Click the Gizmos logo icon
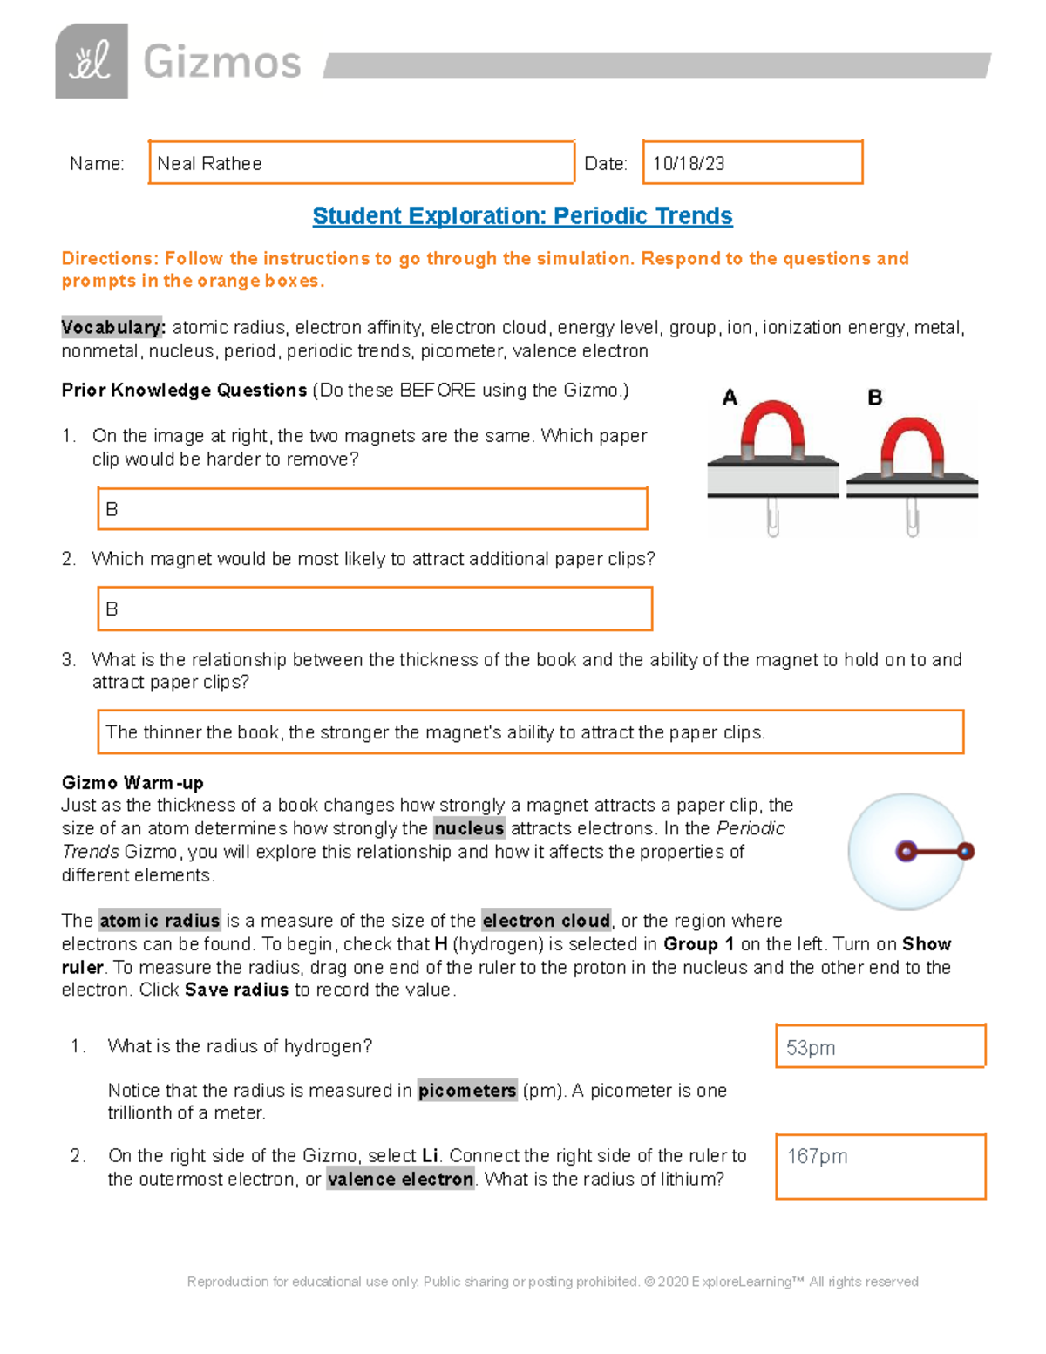coord(92,62)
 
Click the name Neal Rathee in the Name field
coord(209,164)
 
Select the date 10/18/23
coord(689,164)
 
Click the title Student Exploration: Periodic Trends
coord(522,216)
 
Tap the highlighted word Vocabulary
coord(112,328)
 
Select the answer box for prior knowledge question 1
coord(372,509)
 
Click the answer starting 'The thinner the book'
coord(436,732)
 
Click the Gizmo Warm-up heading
coord(132,782)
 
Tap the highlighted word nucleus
coord(469,828)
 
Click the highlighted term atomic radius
coord(160,921)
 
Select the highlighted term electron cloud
coord(546,921)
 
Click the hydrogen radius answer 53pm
coord(811,1048)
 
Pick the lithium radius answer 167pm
coord(817,1157)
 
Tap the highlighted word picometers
coord(467,1091)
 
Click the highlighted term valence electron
coord(400,1180)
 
